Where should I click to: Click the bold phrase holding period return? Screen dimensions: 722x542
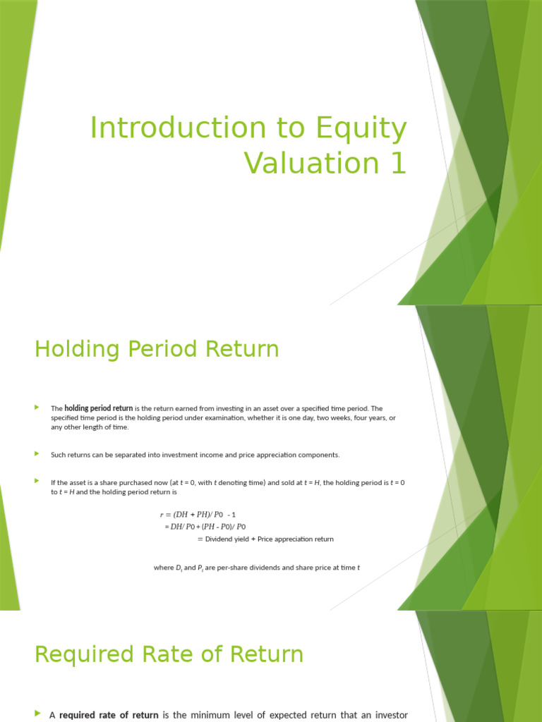point(98,408)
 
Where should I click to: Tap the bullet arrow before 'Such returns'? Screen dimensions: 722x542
point(37,455)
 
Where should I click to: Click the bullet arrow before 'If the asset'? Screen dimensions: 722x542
point(37,482)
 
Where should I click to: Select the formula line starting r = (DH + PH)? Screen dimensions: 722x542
point(203,515)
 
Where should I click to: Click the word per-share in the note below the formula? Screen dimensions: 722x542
point(231,568)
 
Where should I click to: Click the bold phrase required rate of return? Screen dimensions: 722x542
point(109,715)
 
